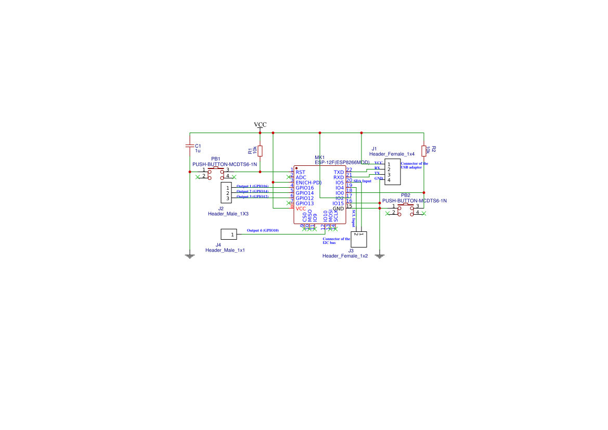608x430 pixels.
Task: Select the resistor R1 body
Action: point(260,151)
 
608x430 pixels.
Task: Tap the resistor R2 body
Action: point(424,150)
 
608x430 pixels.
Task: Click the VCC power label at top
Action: point(260,125)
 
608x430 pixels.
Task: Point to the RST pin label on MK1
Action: point(300,172)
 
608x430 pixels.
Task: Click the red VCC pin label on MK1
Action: point(301,209)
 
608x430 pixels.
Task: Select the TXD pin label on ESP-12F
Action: point(339,172)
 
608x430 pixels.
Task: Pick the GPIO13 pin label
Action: point(305,203)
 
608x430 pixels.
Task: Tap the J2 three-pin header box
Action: point(226,192)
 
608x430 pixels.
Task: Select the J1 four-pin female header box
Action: point(392,172)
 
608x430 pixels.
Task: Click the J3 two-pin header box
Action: point(359,239)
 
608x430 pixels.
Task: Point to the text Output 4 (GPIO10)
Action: point(263,230)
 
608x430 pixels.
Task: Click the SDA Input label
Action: point(363,181)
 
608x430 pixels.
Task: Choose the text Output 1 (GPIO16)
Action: point(252,186)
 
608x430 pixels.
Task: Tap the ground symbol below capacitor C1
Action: point(190,256)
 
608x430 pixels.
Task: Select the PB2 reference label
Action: point(406,195)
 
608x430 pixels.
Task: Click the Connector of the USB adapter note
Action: point(415,165)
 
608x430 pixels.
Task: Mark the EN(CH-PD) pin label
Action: point(308,183)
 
